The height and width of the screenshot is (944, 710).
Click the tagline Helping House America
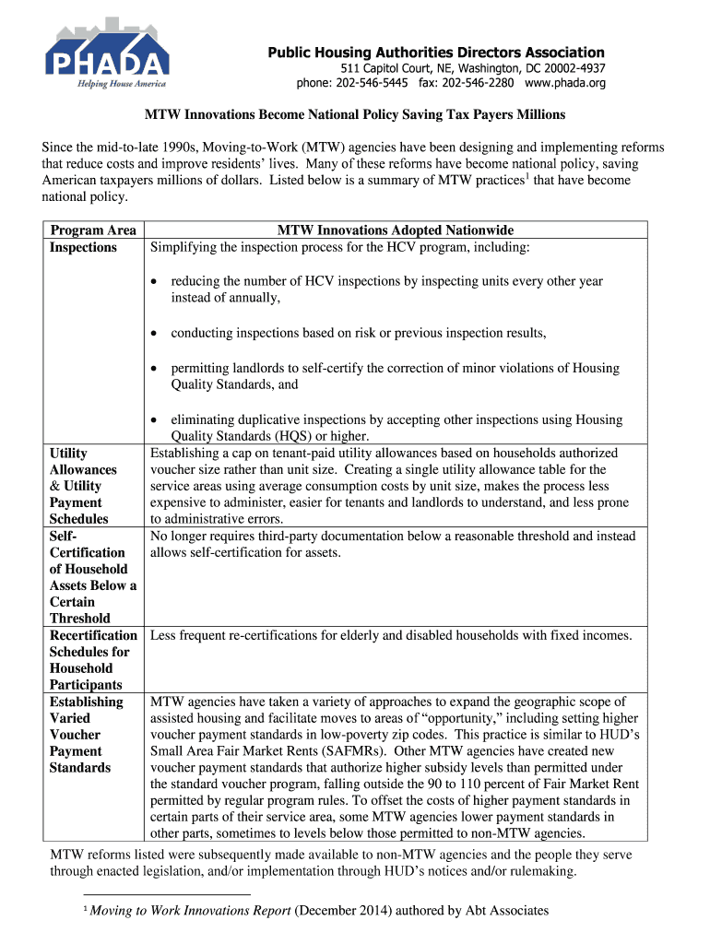pos(120,84)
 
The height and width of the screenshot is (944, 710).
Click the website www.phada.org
pos(565,84)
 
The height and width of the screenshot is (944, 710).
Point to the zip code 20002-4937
pos(569,69)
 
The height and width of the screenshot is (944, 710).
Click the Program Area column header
pos(93,230)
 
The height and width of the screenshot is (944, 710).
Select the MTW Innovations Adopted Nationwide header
pos(396,230)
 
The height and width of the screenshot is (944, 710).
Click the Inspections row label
pos(83,247)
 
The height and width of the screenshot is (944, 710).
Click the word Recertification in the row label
pos(93,635)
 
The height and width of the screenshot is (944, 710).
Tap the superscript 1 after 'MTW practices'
pos(526,175)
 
